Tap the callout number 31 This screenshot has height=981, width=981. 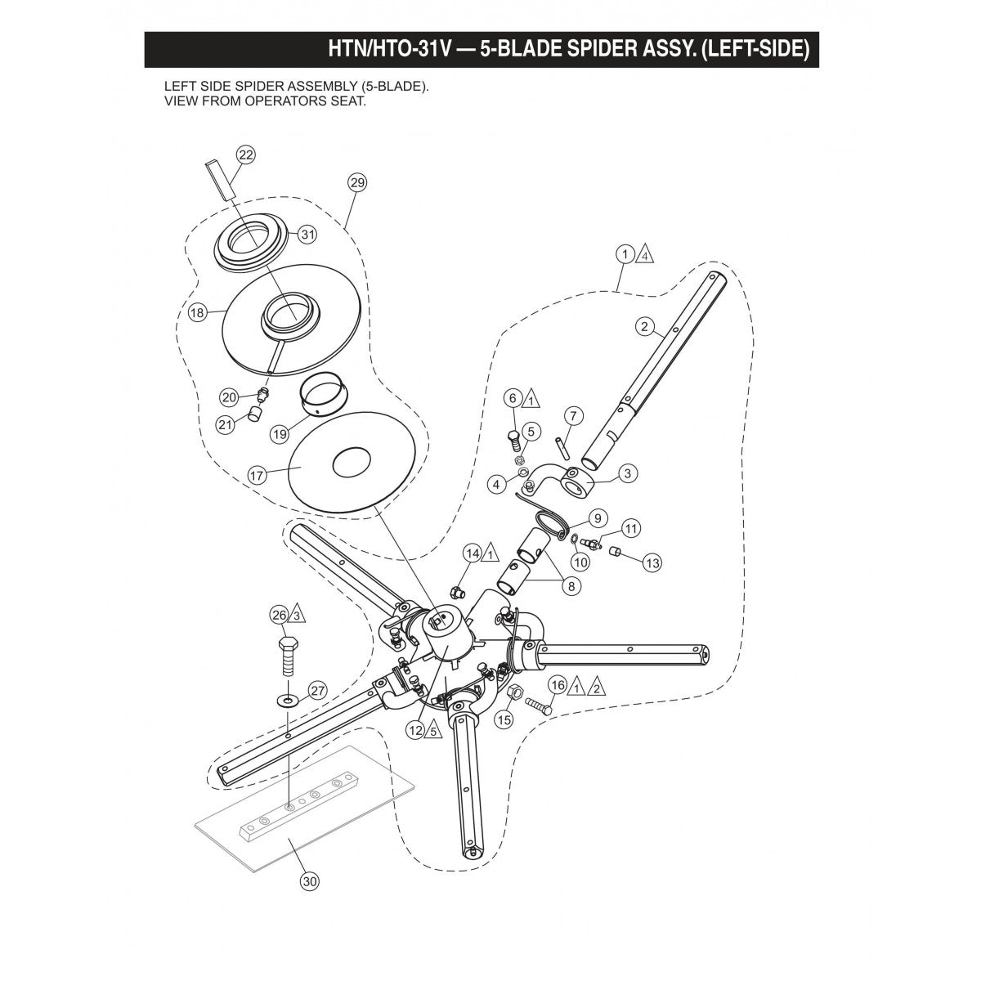pos(307,235)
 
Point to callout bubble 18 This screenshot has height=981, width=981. pos(196,312)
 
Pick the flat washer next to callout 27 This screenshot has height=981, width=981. pos(287,700)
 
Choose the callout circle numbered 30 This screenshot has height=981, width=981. pos(310,881)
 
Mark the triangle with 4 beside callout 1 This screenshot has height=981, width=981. pos(645,254)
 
